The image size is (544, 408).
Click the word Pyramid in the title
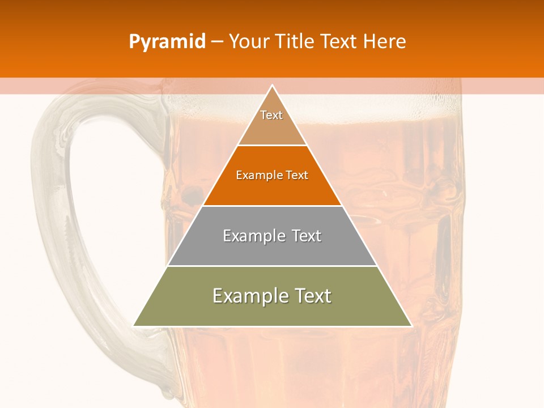[167, 42]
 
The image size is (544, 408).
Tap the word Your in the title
[249, 42]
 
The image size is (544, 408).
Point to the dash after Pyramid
[216, 42]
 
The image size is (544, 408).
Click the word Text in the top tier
[271, 115]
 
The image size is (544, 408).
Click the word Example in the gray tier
[253, 236]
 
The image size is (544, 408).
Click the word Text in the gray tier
[307, 236]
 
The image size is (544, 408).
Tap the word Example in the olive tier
[248, 296]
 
